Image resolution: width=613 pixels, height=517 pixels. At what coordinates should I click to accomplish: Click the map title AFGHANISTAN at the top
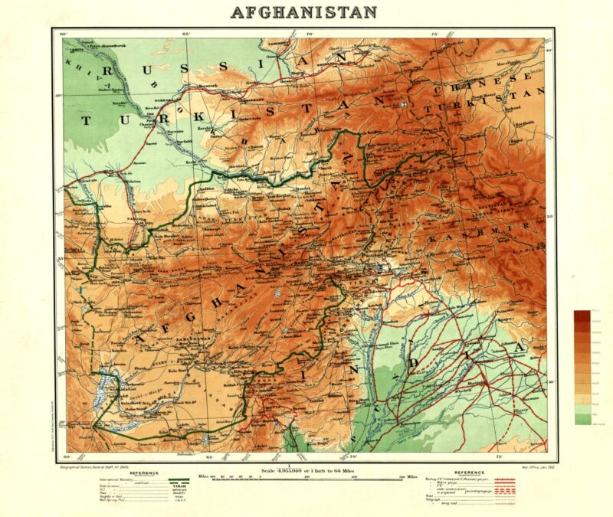(303, 12)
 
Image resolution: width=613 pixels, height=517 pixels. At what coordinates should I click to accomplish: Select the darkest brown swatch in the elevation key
(583, 315)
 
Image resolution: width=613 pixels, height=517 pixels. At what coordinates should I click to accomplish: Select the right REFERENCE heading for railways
(475, 473)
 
